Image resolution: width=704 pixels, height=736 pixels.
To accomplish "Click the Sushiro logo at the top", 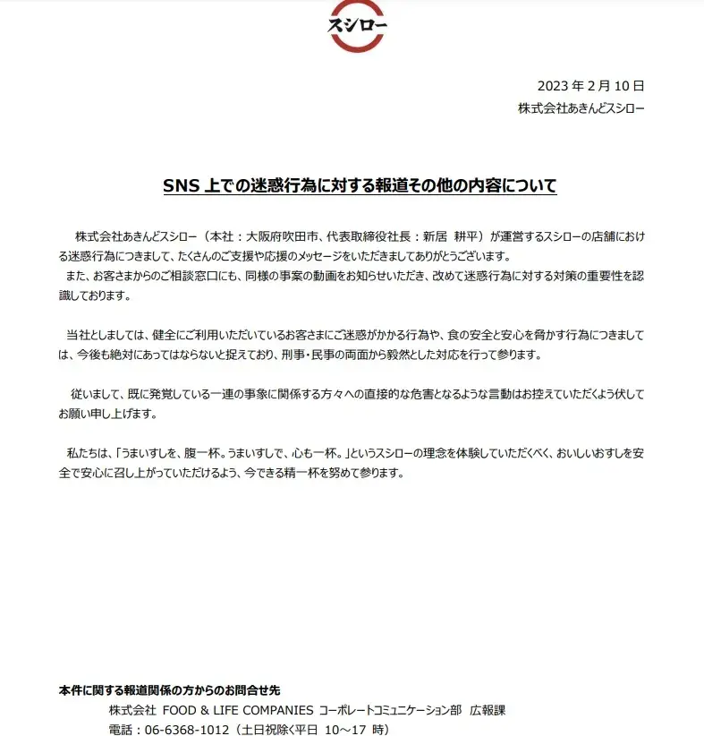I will (357, 27).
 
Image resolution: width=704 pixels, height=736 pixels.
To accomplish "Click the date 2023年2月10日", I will (590, 87).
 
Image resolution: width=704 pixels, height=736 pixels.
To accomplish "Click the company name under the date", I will (581, 108).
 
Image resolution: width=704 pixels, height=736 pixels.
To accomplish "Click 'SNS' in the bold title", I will (178, 186).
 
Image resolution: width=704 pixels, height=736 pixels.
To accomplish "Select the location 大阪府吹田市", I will (278, 237).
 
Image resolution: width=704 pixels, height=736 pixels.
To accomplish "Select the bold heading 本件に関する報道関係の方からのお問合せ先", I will (169, 690).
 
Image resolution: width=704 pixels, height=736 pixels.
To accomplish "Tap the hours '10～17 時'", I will (354, 730).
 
